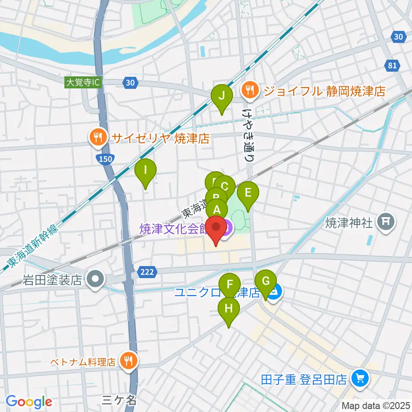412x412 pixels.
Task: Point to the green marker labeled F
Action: (230, 285)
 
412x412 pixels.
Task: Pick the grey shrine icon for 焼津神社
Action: (385, 222)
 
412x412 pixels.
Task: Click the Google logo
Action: (29, 402)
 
